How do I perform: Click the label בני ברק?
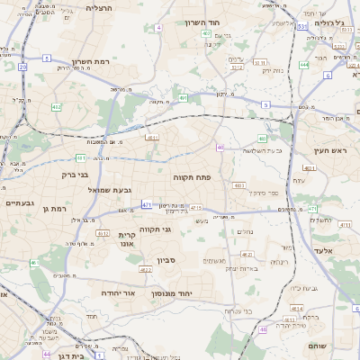point(76,175)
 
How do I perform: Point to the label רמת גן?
point(55,209)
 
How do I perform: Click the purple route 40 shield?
point(220,147)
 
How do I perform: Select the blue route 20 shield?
point(22,66)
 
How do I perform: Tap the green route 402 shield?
point(57,107)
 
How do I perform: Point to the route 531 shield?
point(302,26)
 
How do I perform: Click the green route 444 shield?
point(304,65)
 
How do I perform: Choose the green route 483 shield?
point(262,139)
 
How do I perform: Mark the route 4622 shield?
point(146,269)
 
